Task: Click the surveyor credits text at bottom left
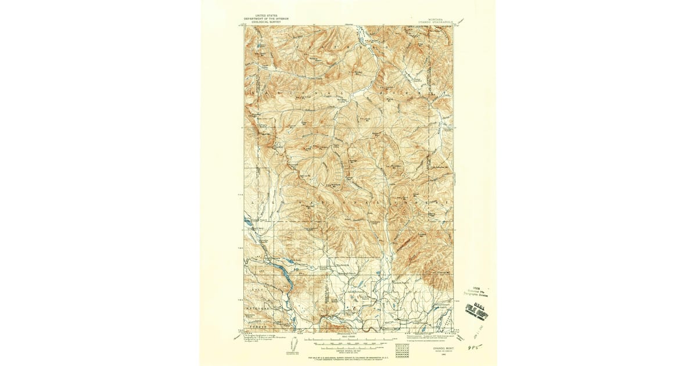[x=261, y=339]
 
